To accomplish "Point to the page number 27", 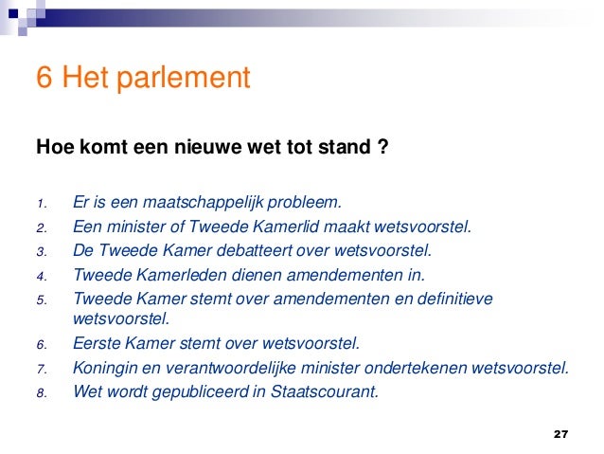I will point(560,434).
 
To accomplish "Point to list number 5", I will point(41,301).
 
